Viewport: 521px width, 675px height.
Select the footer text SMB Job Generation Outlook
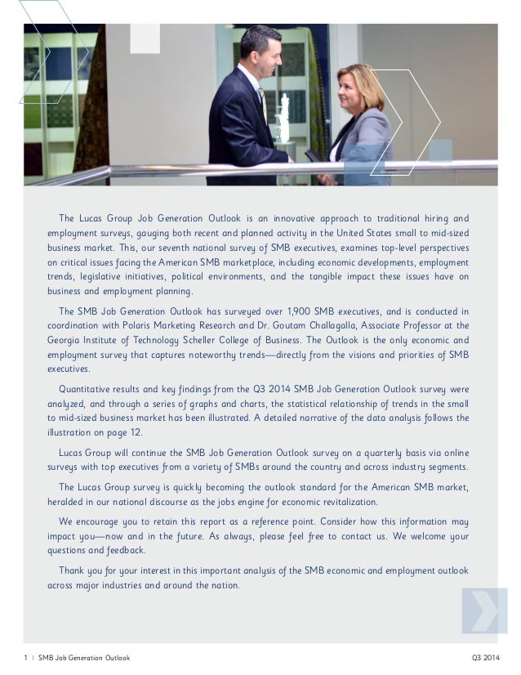point(78,658)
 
